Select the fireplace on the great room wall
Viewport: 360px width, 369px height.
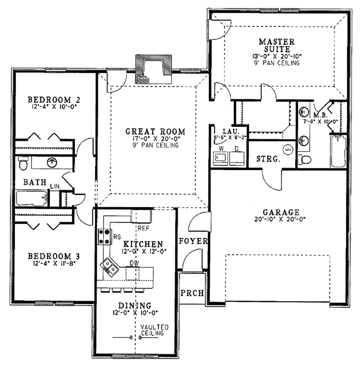pos(154,69)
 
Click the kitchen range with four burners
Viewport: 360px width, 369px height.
pos(104,236)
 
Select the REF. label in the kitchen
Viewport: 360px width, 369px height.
pos(144,228)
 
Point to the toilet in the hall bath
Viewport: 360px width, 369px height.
pos(23,163)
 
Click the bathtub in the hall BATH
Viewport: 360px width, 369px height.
pos(32,198)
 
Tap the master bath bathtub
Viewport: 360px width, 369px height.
pos(338,151)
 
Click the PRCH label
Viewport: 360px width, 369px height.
pos(192,293)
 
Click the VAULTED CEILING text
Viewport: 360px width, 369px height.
pos(154,330)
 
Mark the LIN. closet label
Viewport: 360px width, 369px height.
pos(55,185)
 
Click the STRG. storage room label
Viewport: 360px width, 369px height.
pos(268,159)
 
